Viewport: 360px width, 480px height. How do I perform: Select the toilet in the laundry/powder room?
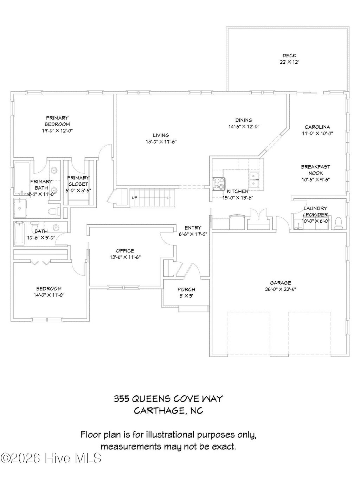click(339, 223)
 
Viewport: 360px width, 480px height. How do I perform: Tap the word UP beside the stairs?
click(134, 198)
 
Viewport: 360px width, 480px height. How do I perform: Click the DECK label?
click(289, 55)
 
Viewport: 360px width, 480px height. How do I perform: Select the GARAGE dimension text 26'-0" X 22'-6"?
click(281, 289)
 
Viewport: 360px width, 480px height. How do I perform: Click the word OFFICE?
click(125, 251)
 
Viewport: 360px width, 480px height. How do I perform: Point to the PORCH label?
click(186, 289)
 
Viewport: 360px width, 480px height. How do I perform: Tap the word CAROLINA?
click(317, 127)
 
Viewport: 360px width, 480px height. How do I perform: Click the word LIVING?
click(161, 135)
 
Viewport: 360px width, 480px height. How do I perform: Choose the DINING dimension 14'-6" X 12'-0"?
click(244, 127)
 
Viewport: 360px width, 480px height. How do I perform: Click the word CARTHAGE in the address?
click(158, 410)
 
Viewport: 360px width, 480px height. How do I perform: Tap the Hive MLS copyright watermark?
click(51, 458)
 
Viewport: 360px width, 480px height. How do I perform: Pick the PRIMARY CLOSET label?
click(78, 181)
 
